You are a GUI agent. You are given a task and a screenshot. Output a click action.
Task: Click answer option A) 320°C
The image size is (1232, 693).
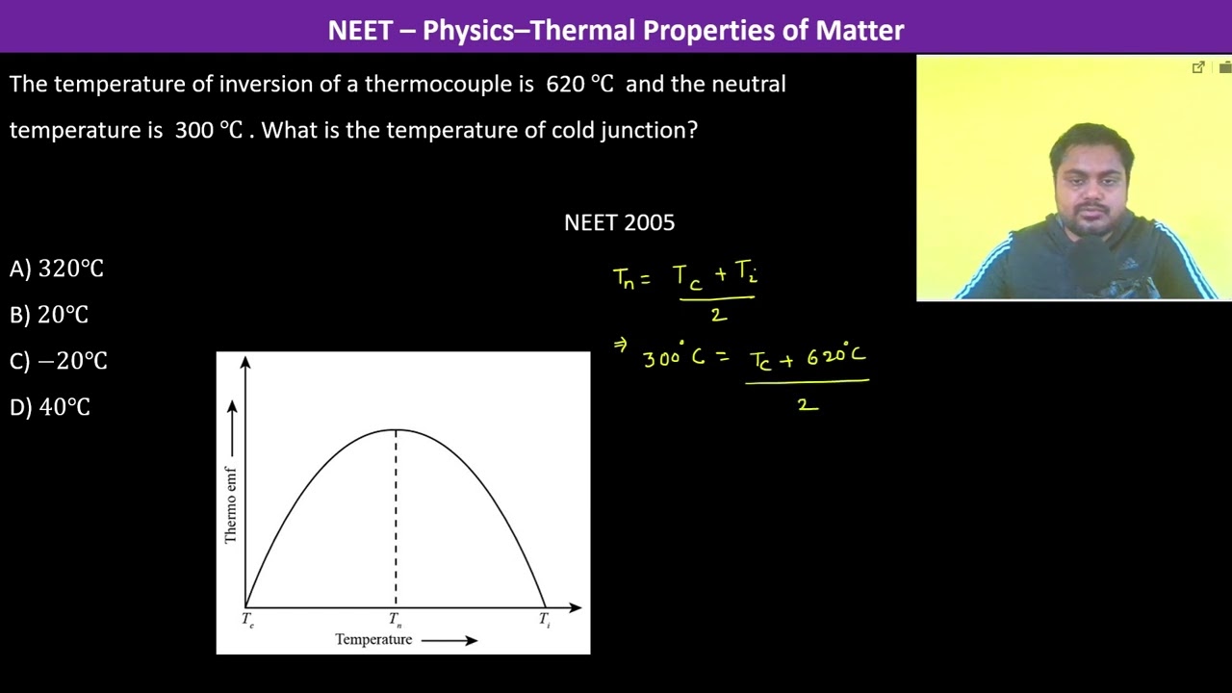pyautogui.click(x=57, y=269)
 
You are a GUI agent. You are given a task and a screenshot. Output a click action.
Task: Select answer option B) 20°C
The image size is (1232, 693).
pyautogui.click(x=49, y=315)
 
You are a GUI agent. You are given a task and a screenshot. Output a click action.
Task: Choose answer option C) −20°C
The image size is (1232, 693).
pyautogui.click(x=59, y=361)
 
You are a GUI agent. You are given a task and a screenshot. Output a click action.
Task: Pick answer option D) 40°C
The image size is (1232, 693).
pyautogui.click(x=50, y=407)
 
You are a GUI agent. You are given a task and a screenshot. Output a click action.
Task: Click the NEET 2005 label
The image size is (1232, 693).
pyautogui.click(x=619, y=222)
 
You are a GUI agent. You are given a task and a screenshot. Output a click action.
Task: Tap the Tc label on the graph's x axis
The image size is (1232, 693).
pyautogui.click(x=248, y=620)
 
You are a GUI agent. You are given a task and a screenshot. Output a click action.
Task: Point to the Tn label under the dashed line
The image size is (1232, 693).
pyautogui.click(x=396, y=620)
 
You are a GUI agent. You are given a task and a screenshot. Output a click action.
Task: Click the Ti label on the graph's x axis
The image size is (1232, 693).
pyautogui.click(x=545, y=620)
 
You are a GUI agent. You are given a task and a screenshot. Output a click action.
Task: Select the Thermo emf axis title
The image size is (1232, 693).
pyautogui.click(x=231, y=504)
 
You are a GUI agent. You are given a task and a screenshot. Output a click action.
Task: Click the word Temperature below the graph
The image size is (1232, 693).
pyautogui.click(x=373, y=639)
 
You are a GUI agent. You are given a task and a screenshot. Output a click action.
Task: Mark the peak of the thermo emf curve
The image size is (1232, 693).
pyautogui.click(x=396, y=430)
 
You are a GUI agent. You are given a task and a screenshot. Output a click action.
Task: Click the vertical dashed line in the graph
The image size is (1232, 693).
pyautogui.click(x=396, y=520)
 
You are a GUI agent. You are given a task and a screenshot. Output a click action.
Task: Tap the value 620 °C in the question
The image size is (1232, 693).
pyautogui.click(x=579, y=84)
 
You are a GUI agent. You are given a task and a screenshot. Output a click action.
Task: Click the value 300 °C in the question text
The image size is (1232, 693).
pyautogui.click(x=209, y=130)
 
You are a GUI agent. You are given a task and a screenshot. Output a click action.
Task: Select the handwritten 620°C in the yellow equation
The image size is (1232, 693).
pyautogui.click(x=835, y=356)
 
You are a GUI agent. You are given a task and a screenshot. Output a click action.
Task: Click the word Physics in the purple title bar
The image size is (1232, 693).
pyautogui.click(x=468, y=30)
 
